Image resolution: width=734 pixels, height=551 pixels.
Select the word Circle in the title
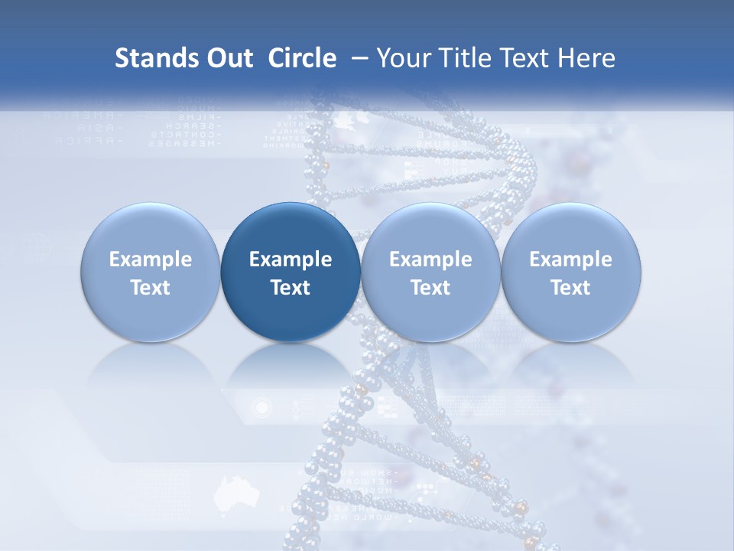(x=302, y=58)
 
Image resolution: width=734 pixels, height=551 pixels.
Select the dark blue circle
(x=291, y=272)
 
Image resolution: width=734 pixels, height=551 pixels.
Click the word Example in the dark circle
(x=291, y=259)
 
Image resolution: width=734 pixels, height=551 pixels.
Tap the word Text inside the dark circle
(x=291, y=288)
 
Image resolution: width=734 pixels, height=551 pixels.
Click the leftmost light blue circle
(x=151, y=272)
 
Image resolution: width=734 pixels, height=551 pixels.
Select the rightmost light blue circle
(x=570, y=272)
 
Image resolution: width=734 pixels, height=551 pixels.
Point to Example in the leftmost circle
(x=151, y=259)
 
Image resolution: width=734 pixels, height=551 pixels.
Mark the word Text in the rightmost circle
(x=570, y=288)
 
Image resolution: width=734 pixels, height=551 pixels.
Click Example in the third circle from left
(x=430, y=259)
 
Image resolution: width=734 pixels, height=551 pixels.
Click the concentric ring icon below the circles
(x=262, y=406)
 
